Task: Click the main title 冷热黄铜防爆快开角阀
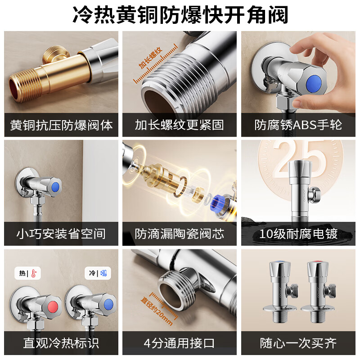[180, 15]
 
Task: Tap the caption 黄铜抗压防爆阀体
[61, 125]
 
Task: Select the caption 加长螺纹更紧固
[180, 125]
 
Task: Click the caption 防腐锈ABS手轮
[298, 125]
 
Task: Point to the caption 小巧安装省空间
[61, 234]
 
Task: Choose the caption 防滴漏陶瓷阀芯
[180, 234]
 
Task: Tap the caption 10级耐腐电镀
[298, 234]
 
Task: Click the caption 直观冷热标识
[61, 343]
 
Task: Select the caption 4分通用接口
[180, 343]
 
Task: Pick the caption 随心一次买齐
[298, 343]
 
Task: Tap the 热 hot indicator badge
[27, 273]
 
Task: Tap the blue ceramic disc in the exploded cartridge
[220, 202]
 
